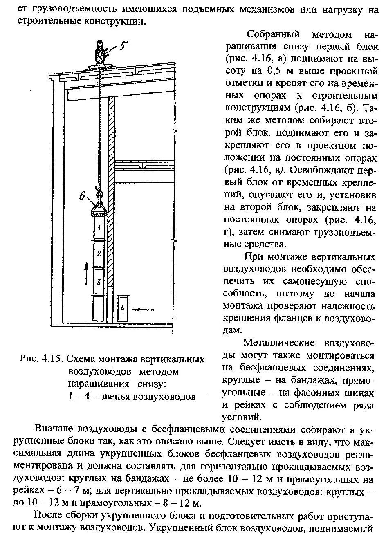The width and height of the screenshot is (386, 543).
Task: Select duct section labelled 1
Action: point(99,225)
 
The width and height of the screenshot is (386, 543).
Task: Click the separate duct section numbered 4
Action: point(122,309)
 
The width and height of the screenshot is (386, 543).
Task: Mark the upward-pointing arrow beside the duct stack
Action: point(86,274)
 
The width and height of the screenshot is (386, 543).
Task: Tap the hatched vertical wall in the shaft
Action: point(110,204)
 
